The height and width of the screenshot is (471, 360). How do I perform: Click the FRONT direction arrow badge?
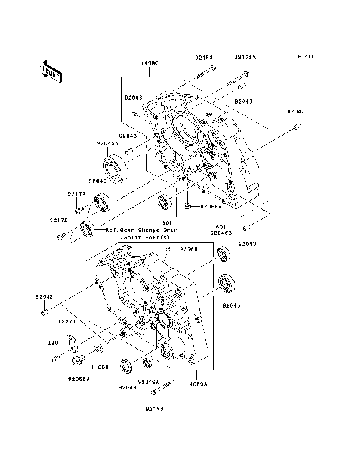[50, 70]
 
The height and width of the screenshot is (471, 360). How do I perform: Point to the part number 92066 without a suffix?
[133, 97]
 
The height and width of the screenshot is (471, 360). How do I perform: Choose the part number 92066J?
[78, 379]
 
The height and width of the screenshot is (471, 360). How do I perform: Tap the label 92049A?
[148, 381]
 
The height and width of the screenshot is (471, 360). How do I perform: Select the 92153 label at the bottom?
[154, 409]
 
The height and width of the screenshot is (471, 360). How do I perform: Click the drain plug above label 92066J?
[76, 364]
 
